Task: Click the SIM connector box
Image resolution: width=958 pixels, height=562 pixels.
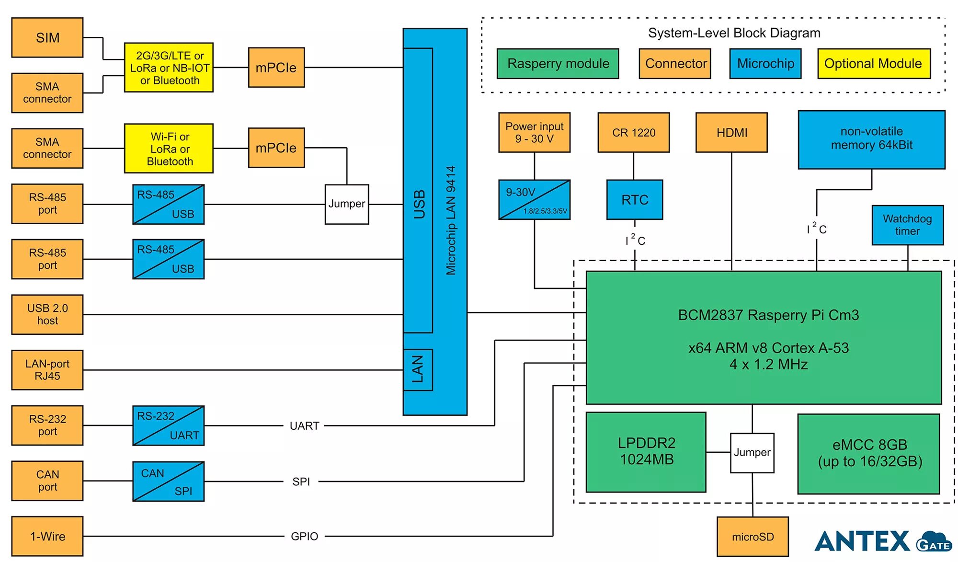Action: [x=47, y=38]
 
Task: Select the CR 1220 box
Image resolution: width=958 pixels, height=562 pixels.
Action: [x=633, y=133]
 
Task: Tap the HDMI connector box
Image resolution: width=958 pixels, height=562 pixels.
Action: [x=731, y=133]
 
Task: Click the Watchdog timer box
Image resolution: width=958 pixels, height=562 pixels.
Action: [x=907, y=225]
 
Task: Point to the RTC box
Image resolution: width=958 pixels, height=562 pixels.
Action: [x=635, y=200]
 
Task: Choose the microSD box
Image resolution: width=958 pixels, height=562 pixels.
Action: [x=753, y=537]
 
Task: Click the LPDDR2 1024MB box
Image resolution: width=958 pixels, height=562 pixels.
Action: [x=646, y=452]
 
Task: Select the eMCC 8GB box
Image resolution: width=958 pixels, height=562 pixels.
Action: [x=869, y=453]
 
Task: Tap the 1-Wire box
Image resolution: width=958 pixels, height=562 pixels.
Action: [x=47, y=536]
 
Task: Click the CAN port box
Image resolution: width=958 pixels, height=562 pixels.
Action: [x=47, y=481]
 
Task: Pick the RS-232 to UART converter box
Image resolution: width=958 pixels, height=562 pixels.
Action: [x=169, y=425]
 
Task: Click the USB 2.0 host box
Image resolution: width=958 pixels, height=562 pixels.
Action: [x=47, y=314]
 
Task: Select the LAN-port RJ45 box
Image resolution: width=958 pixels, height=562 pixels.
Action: [x=47, y=370]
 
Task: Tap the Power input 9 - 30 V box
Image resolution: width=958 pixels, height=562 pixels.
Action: [x=534, y=133]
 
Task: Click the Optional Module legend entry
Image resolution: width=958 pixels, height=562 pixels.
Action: [x=873, y=64]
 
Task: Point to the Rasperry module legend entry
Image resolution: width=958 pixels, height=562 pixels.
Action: [x=558, y=64]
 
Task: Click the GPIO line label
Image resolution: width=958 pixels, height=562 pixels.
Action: [x=304, y=537]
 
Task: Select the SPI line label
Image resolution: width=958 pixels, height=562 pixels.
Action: [x=301, y=482]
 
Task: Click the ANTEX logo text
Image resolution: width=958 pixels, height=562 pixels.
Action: [x=862, y=541]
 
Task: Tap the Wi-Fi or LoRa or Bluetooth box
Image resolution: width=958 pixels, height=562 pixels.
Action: [x=169, y=149]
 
